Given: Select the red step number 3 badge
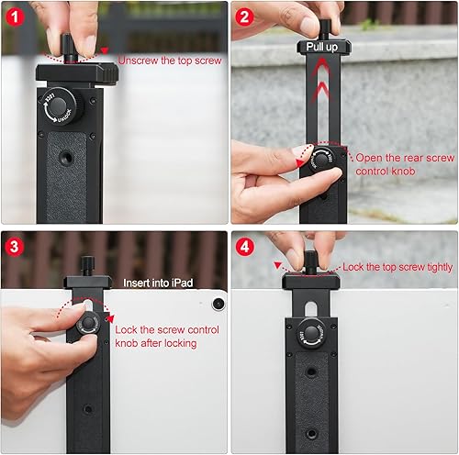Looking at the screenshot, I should [16, 247].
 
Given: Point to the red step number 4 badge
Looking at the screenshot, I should [245, 246].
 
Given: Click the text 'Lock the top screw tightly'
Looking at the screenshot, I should [397, 266].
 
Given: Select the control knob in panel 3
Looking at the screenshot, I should [89, 323].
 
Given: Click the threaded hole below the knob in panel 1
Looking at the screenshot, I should [66, 158].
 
